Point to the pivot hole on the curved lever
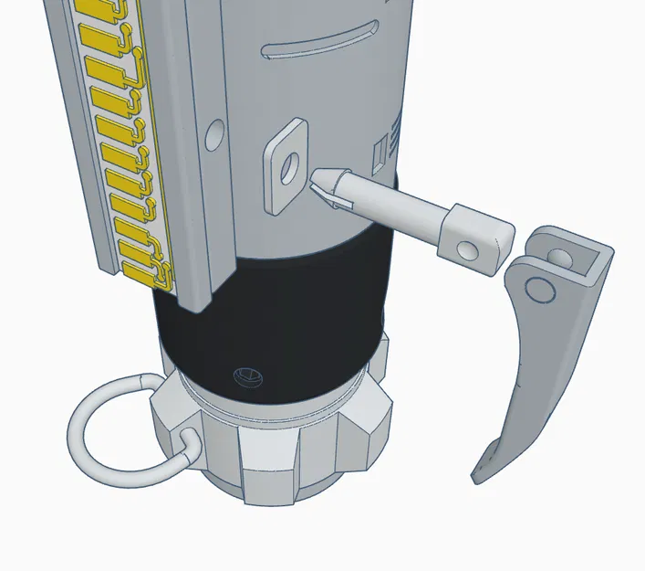click(x=538, y=289)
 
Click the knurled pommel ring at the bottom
click(x=274, y=448)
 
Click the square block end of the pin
click(x=474, y=238)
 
